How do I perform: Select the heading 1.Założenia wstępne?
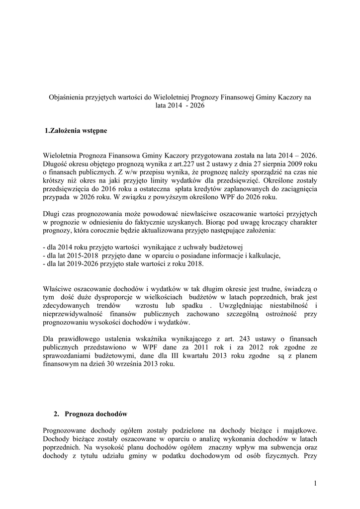76,131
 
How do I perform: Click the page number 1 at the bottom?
315,483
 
